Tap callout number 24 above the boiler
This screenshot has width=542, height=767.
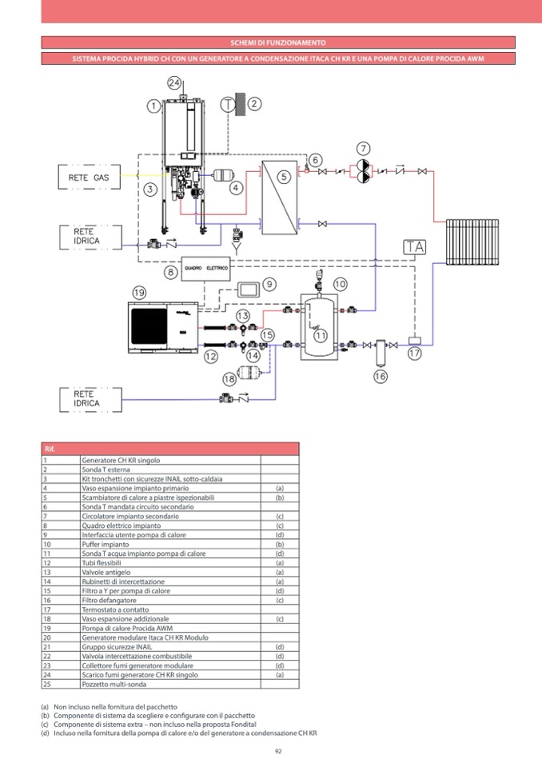tap(175, 82)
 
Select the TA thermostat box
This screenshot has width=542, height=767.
tap(414, 247)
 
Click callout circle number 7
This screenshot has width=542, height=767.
tap(365, 149)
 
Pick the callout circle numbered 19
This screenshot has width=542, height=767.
tap(140, 293)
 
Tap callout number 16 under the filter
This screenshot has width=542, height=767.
tap(380, 375)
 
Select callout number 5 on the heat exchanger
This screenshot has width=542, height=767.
tap(284, 175)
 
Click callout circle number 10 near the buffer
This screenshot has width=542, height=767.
tap(340, 284)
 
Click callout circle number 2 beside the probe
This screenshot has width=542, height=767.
tap(254, 103)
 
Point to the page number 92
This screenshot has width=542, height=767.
tap(278, 750)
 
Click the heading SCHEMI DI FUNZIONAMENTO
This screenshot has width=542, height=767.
tap(277, 42)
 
